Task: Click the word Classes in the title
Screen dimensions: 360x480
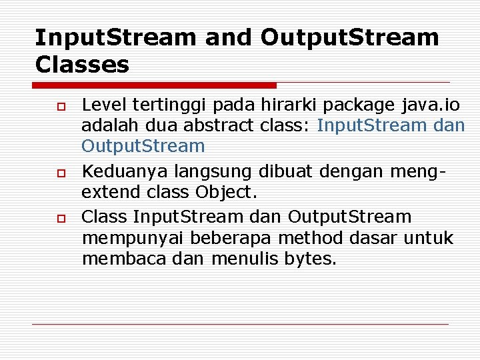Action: tap(82, 65)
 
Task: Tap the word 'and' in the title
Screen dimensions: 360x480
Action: tap(229, 37)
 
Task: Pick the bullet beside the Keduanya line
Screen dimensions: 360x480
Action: tap(59, 173)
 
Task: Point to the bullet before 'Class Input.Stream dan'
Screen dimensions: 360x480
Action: tap(59, 218)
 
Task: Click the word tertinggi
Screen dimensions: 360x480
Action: tap(164, 105)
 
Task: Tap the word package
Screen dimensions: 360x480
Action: tap(358, 105)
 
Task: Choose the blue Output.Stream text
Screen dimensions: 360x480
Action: tap(143, 146)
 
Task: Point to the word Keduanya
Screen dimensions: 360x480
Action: tap(125, 171)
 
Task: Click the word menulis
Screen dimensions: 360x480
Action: tap(245, 259)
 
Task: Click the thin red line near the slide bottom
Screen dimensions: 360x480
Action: tap(240, 324)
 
